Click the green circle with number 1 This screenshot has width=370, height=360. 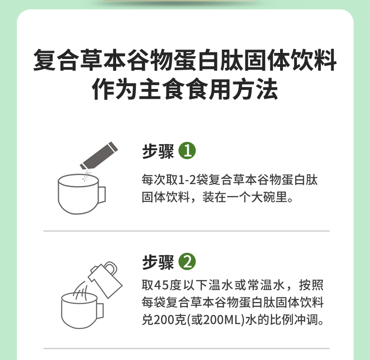coord(187,151)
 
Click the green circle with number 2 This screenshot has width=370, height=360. coord(187,261)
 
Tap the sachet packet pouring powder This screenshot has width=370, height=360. coord(99,155)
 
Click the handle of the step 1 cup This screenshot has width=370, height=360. coord(102,195)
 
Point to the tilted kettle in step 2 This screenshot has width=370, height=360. coord(105,279)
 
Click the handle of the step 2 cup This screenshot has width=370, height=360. coord(100,311)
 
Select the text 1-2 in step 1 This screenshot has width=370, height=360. coord(187,180)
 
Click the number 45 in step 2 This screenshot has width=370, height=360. coord(162,285)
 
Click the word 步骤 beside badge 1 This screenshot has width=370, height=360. coord(158,151)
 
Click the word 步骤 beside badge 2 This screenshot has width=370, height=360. coord(158,262)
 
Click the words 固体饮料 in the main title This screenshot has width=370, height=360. coord(290,59)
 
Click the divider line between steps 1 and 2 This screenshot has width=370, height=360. coord(186,231)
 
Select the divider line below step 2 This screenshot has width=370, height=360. coord(186,348)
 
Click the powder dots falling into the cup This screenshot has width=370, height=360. coord(86,176)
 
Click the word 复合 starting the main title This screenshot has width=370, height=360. coord(56,59)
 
